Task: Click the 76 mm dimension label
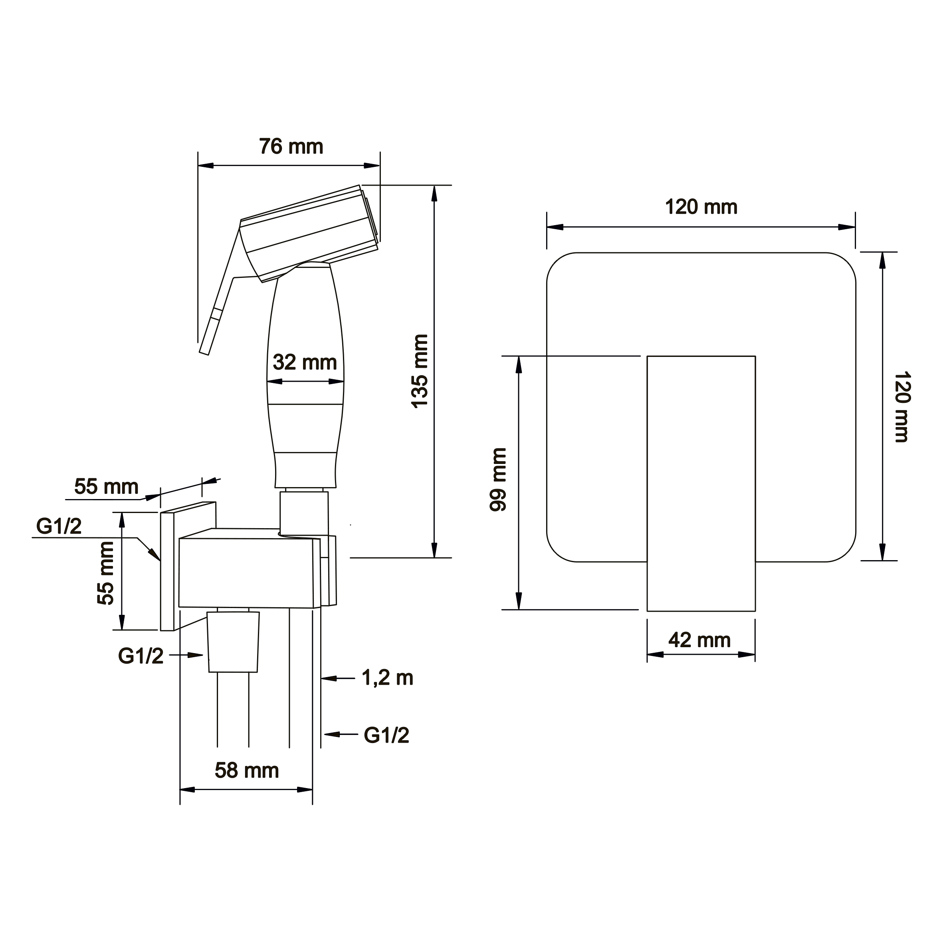point(291,147)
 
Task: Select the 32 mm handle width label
point(305,362)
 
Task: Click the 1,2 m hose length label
point(387,678)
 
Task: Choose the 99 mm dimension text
point(498,479)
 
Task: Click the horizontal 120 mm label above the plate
point(701,207)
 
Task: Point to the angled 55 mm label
point(107,486)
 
